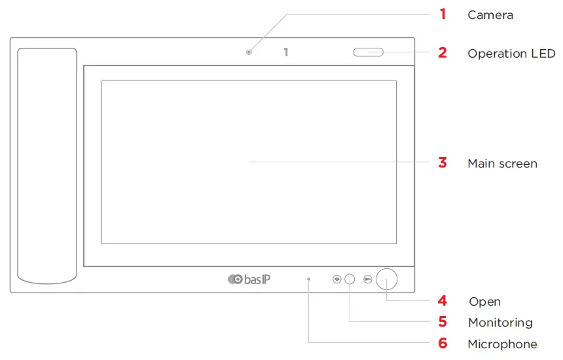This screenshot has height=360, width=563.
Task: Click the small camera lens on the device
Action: [249, 52]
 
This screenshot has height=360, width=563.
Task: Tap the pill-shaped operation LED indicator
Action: [368, 52]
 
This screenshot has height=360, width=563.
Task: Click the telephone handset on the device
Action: [47, 165]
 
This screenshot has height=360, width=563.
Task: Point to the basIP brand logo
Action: [249, 279]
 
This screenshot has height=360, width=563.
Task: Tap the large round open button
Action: [387, 279]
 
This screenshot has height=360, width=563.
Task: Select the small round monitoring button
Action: [350, 279]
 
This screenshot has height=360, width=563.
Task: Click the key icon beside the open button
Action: [368, 279]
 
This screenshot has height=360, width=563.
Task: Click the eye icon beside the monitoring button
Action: [336, 279]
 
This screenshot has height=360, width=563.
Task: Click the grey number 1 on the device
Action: [285, 52]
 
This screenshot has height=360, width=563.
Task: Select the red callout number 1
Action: [443, 14]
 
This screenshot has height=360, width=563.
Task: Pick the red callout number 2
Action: [443, 53]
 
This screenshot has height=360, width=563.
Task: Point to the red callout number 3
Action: [443, 163]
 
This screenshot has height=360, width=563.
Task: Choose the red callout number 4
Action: [443, 301]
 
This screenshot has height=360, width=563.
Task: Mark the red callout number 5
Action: [443, 322]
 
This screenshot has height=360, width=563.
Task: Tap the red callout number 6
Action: [443, 344]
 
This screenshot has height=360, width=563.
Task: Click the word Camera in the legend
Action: [490, 14]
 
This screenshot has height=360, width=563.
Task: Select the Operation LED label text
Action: [511, 54]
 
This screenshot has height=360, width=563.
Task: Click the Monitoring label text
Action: [500, 323]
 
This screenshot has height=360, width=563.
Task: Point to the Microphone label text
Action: [502, 344]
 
